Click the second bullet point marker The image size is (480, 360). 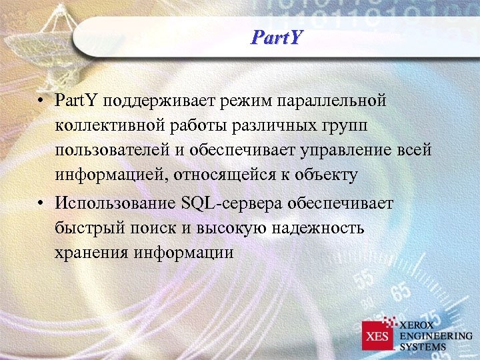coord(41,203)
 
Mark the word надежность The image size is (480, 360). coord(319,228)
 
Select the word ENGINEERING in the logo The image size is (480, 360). coord(435,335)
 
